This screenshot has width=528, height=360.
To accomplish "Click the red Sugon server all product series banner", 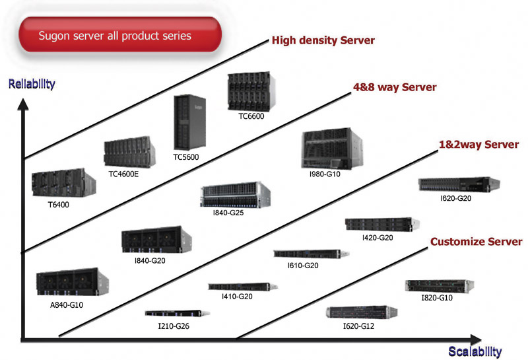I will pos(119,35).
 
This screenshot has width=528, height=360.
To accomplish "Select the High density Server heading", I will pos(323,41).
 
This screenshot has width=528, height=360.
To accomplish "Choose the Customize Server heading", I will pos(476,242).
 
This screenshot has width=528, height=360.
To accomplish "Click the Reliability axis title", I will pos(32,84).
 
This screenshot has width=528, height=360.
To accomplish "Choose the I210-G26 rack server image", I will pos(168,314).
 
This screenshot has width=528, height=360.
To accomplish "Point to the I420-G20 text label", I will pos(378,237).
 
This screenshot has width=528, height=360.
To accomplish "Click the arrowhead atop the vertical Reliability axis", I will pos(24,104).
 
